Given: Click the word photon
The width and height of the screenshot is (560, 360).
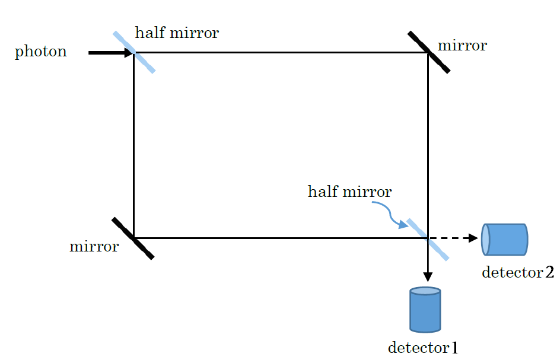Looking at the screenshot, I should (41, 52).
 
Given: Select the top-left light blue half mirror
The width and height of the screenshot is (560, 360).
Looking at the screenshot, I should (134, 52).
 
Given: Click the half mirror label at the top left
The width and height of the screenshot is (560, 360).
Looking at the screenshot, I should (177, 33).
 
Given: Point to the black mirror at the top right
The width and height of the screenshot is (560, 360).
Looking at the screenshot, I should (428, 52).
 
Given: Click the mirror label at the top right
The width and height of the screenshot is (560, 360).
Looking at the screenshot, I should (462, 46).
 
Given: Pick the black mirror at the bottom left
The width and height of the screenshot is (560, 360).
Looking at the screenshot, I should (133, 238).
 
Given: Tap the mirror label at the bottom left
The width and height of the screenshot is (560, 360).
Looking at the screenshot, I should (94, 247).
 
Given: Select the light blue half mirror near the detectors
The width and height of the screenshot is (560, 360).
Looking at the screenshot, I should (428, 239).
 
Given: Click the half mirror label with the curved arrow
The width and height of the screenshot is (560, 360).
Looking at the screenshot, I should (350, 192).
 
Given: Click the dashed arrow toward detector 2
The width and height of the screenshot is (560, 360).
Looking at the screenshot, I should (454, 238).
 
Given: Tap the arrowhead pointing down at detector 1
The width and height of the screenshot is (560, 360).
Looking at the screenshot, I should (428, 277).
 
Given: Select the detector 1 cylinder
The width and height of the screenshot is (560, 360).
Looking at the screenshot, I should (425, 310).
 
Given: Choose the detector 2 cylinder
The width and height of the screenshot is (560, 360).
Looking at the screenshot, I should (505, 239).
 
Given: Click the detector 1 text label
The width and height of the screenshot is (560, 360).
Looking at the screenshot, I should (423, 348).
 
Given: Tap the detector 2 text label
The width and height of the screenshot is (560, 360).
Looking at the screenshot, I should (518, 272).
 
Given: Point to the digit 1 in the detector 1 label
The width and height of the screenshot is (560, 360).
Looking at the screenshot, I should (454, 348).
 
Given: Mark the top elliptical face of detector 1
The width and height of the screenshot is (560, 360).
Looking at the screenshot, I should (425, 291).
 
